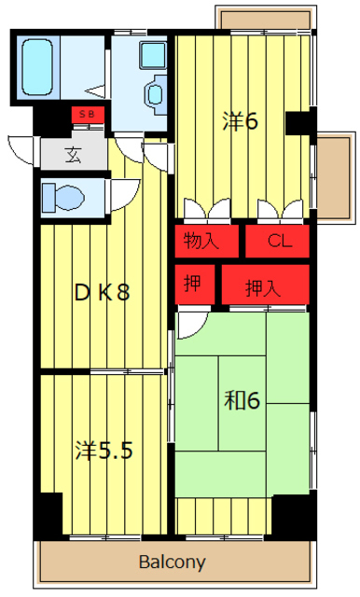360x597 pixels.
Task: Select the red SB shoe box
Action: (86, 115)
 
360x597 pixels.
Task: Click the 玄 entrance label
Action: (73, 154)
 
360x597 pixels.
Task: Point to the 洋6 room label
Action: (240, 121)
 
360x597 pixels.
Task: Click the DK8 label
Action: (103, 292)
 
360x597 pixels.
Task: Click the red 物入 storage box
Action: (202, 241)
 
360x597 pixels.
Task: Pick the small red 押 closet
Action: (192, 285)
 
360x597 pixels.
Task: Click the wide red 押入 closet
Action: (263, 287)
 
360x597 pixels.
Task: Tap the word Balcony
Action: (173, 562)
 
